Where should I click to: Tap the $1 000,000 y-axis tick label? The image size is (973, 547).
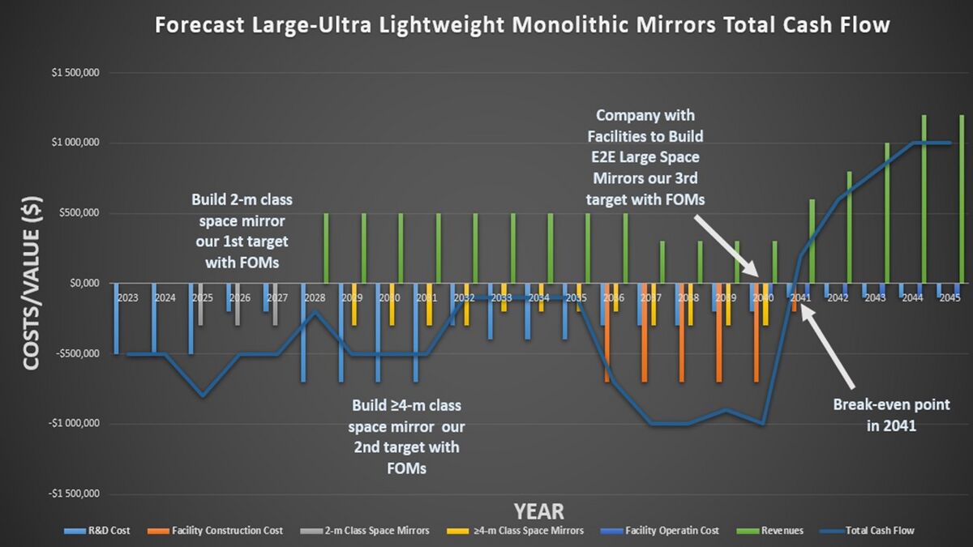pos(75,143)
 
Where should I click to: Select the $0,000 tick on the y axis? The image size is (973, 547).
pos(84,284)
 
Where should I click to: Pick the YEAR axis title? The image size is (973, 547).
pos(538,511)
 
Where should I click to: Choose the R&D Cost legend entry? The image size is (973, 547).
pos(101,531)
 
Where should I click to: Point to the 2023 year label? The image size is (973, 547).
pos(127,297)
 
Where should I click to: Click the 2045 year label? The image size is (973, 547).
pos(950,297)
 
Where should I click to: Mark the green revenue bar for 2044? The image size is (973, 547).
pos(924,199)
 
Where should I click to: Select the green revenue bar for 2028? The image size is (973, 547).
pos(326,248)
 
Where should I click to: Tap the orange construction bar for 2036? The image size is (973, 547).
pos(607,332)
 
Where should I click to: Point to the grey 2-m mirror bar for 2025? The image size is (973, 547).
pos(200,304)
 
